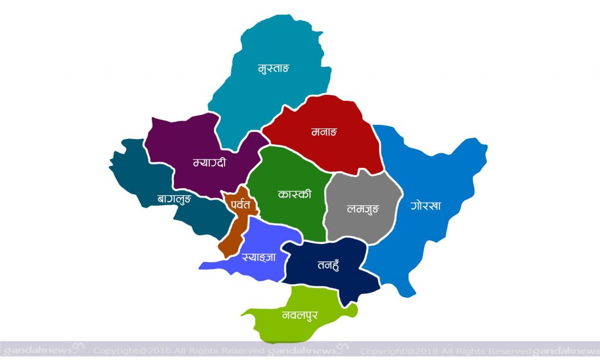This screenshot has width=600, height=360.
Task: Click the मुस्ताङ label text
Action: pos(274,68)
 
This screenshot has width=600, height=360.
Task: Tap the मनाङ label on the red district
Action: pos(324,131)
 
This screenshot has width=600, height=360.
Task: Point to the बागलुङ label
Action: pos(175,199)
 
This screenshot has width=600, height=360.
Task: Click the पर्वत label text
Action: pos(240,205)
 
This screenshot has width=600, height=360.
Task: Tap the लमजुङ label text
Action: pos(363,208)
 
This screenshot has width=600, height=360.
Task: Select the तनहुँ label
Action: pos(329,263)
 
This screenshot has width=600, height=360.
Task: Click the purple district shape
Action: pos(187,141)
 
